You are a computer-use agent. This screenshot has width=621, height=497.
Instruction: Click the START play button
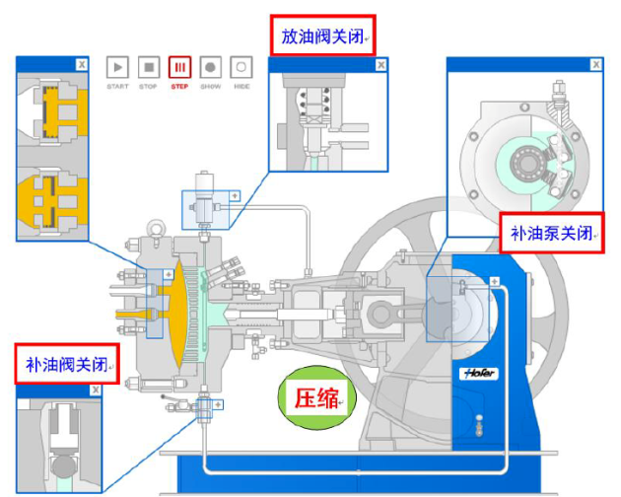tap(118, 68)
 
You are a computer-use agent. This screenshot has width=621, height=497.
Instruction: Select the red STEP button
tap(179, 68)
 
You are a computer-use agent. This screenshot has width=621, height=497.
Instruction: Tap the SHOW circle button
tap(210, 68)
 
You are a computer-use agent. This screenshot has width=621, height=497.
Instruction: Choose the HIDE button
tap(241, 68)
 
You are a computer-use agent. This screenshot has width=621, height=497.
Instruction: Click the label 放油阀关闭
tap(321, 36)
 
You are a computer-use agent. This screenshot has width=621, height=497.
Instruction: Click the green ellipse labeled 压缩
tap(317, 398)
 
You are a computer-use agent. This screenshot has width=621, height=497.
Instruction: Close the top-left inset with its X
tap(81, 64)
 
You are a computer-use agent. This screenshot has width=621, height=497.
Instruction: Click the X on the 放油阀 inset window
tap(379, 65)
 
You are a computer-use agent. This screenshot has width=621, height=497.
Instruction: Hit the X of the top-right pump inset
tap(594, 65)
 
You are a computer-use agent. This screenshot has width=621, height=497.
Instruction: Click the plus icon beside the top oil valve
tap(235, 195)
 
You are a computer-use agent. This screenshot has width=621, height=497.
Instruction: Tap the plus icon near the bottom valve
tap(218, 404)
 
